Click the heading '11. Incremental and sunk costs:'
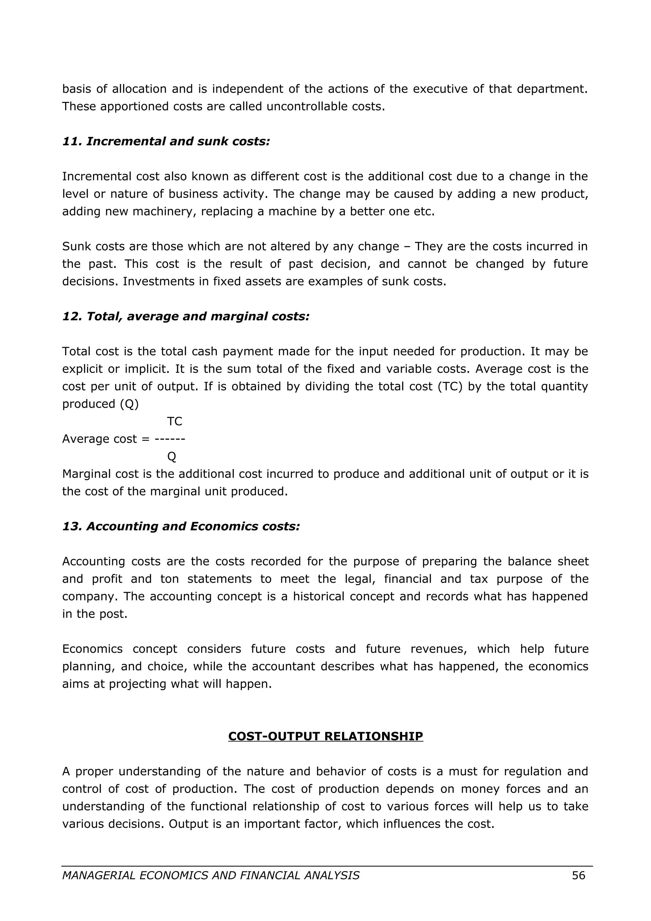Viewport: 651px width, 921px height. pos(166,141)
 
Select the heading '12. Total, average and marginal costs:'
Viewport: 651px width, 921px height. pos(186,317)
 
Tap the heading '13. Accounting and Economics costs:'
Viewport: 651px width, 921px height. pos(181,526)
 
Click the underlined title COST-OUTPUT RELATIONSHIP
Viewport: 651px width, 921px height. pos(325,736)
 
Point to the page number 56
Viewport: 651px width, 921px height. pos(579,875)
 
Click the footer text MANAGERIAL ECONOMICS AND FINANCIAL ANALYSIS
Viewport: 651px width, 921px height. pos(210,875)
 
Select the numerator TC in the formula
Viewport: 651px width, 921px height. pos(175,421)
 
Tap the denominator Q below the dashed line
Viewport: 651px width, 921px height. pos(172,456)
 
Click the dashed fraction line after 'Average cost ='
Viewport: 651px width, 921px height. pos(170,439)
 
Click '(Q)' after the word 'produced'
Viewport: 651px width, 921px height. pos(129,404)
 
